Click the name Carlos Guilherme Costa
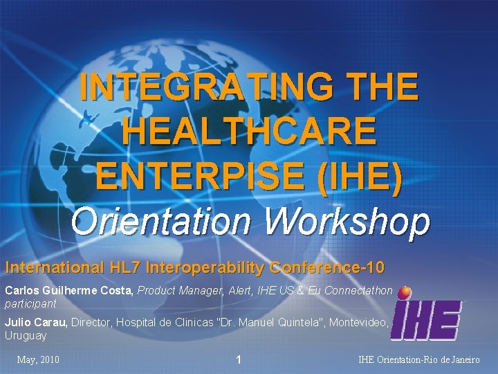point(68,292)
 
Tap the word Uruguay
point(26,336)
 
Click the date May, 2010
point(38,360)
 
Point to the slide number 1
point(239,360)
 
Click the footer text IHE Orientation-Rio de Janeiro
point(419,360)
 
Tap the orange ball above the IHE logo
point(405,292)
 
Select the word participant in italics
point(30,304)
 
